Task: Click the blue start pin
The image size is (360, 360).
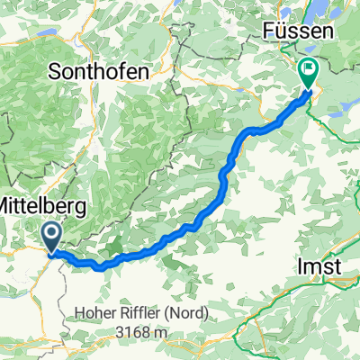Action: [52, 238]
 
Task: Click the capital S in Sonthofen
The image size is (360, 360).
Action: [61, 69]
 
